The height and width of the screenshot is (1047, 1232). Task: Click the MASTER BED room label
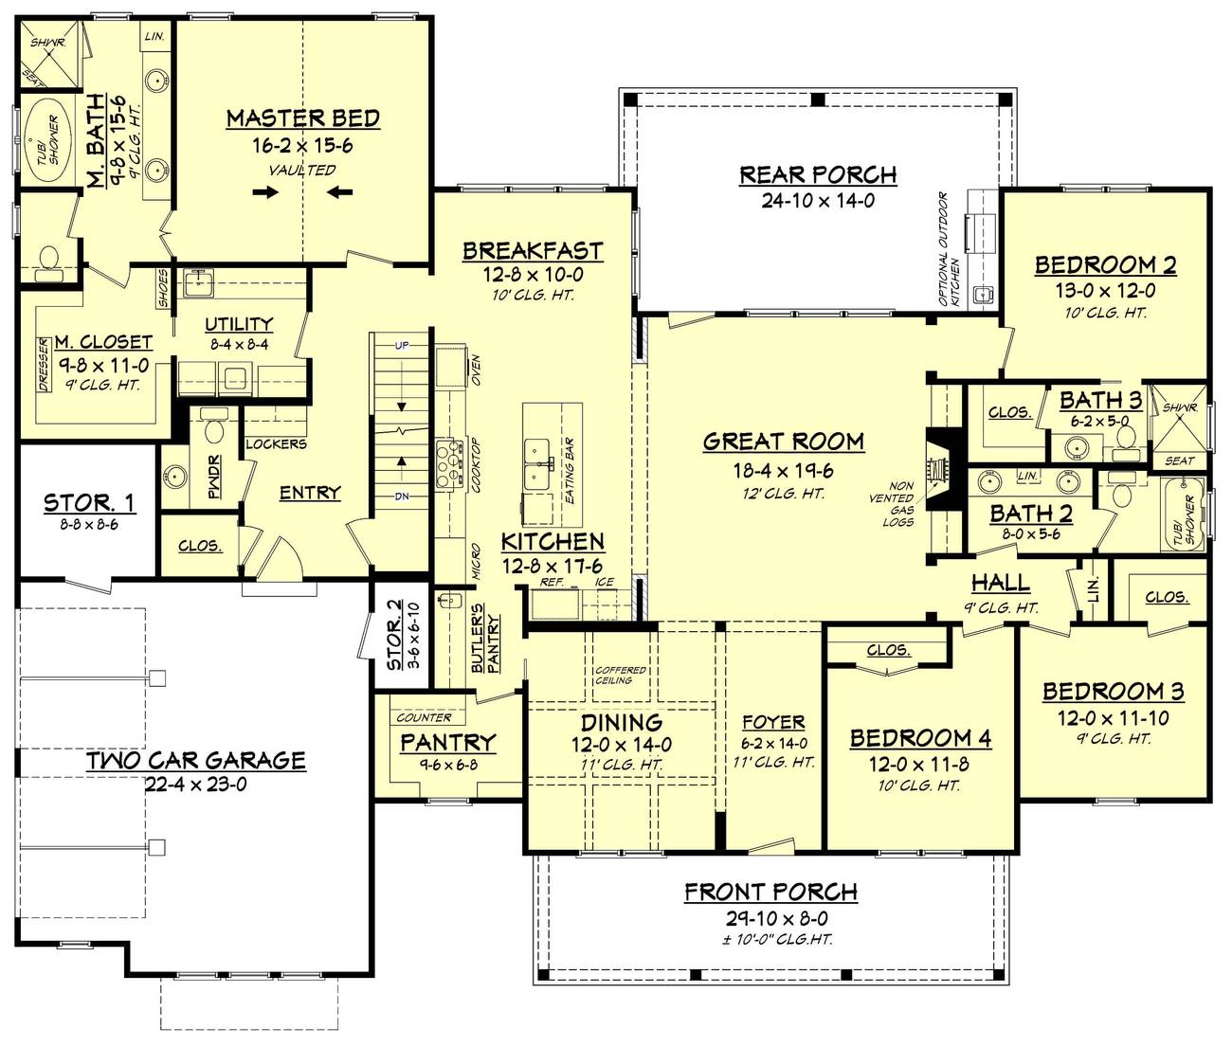tap(303, 118)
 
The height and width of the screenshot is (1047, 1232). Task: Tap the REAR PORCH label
tap(818, 175)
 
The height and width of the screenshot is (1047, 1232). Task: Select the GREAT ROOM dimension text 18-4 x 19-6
tap(784, 470)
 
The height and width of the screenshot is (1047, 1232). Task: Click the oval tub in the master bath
tap(42, 140)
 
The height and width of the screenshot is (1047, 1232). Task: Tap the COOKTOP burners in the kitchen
tap(446, 463)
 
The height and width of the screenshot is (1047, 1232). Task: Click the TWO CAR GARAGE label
tap(196, 760)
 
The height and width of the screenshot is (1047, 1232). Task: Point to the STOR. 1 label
tap(82, 502)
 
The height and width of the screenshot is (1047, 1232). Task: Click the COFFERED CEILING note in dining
tap(621, 676)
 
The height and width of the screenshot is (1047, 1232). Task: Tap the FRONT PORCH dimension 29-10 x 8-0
tap(771, 918)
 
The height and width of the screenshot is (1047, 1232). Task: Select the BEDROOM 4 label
tap(920, 738)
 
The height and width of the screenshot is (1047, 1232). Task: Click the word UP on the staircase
tap(402, 346)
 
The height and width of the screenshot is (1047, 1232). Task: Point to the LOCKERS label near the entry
tap(276, 443)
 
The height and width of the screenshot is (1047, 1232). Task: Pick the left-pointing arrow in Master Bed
tap(340, 193)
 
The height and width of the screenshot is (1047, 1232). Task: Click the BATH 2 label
tap(1031, 514)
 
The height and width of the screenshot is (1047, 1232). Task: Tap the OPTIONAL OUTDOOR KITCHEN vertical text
tap(949, 248)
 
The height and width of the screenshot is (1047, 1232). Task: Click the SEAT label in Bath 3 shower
tap(1179, 460)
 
